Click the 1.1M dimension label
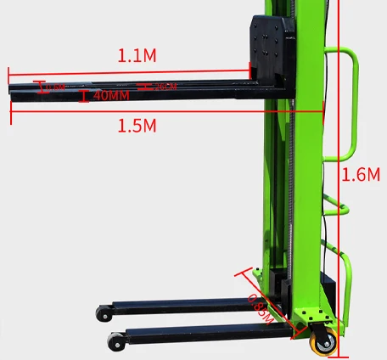coord(137,56)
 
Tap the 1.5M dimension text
coord(137,126)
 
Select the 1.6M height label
coord(360,175)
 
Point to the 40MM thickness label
coord(111,96)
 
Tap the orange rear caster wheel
coord(325,341)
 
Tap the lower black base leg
coord(204,333)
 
